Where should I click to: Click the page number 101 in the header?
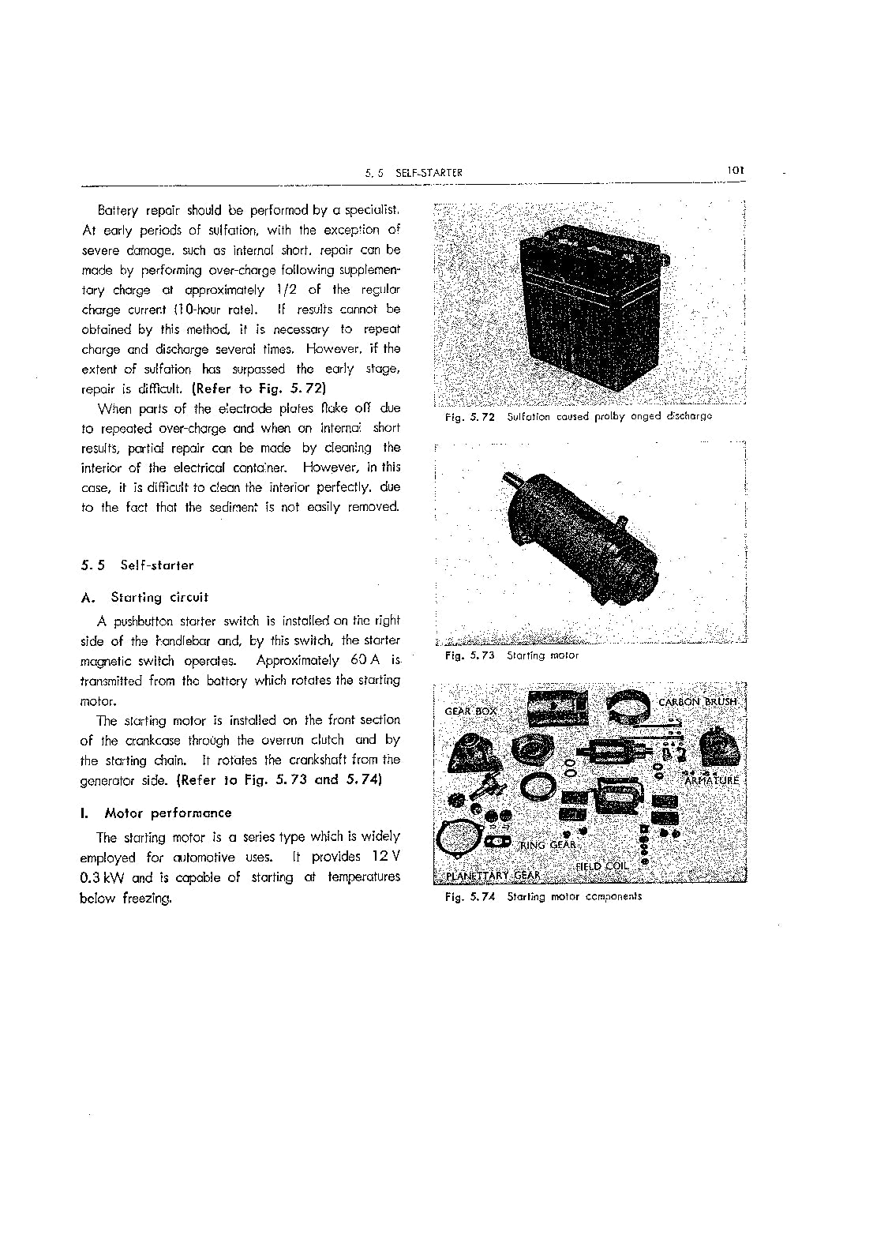pyautogui.click(x=737, y=170)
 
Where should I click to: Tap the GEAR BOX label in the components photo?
pyautogui.click(x=471, y=711)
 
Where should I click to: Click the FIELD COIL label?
pyautogui.click(x=601, y=866)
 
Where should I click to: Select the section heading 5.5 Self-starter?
pyautogui.click(x=137, y=565)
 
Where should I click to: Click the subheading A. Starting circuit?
pyautogui.click(x=145, y=598)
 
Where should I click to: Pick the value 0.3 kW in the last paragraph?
pyautogui.click(x=104, y=877)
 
